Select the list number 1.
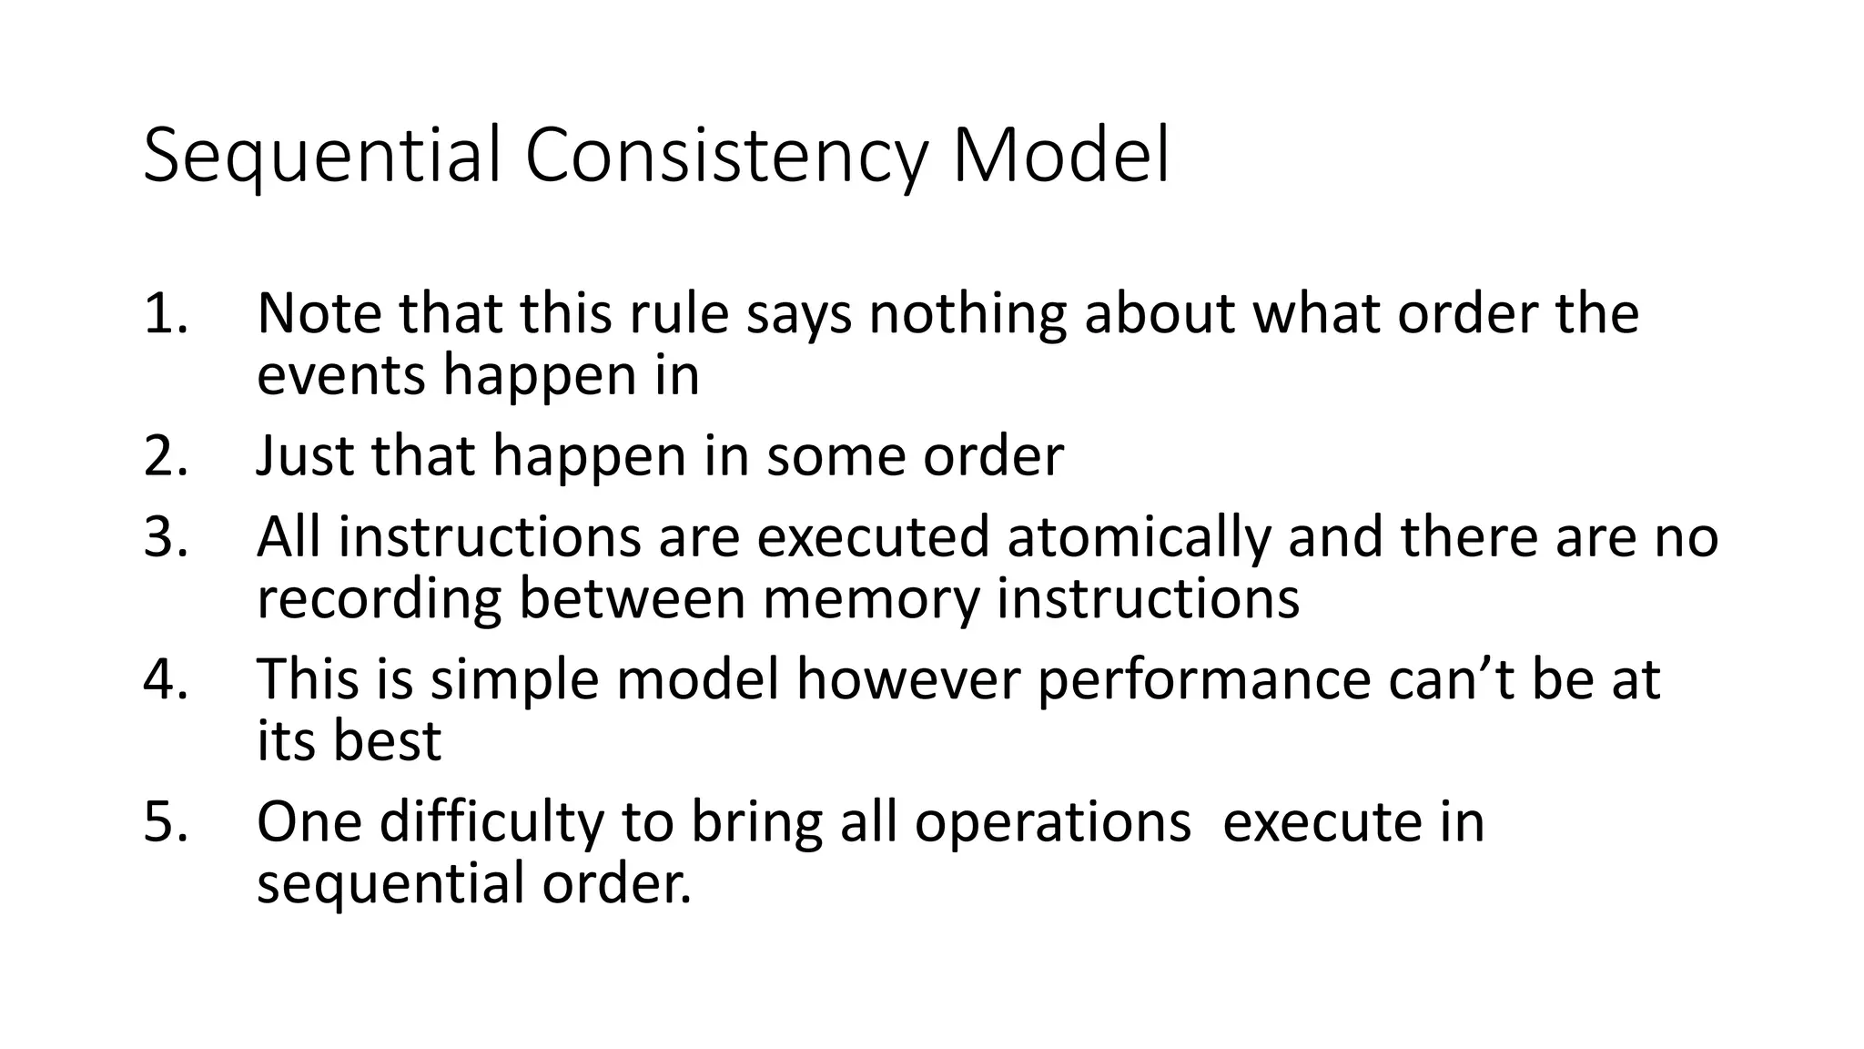pyautogui.click(x=165, y=314)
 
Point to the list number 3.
pyautogui.click(x=165, y=537)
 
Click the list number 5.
pyautogui.click(x=165, y=821)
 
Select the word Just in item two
pyautogui.click(x=305, y=455)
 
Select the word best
pyautogui.click(x=386, y=740)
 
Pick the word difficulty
pyautogui.click(x=491, y=821)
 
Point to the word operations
pyautogui.click(x=1052, y=821)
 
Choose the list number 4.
pyautogui.click(x=165, y=679)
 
